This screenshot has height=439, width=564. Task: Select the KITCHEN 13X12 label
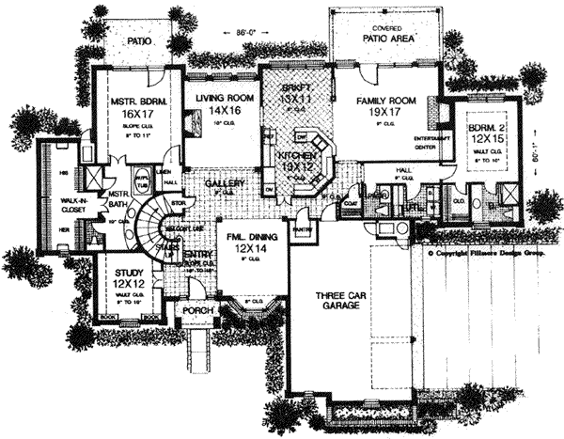tap(297, 155)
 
